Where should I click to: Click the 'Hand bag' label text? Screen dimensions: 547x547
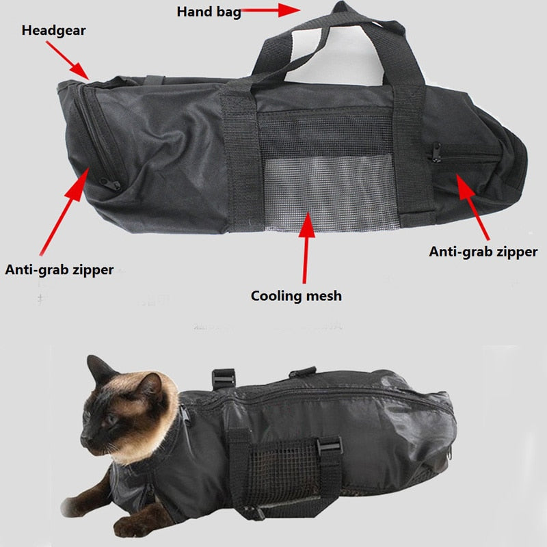pyautogui.click(x=209, y=12)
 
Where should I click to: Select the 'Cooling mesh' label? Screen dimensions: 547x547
pyautogui.click(x=296, y=296)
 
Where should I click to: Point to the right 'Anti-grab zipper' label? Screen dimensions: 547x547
pyautogui.click(x=483, y=252)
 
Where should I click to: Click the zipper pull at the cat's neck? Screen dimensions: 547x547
pyautogui.click(x=183, y=414)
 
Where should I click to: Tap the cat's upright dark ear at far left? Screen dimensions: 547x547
pyautogui.click(x=98, y=369)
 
